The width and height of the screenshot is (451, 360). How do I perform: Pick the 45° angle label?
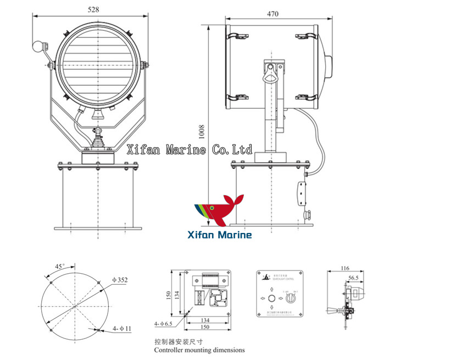(59, 267)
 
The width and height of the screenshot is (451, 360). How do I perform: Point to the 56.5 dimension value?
(353, 278)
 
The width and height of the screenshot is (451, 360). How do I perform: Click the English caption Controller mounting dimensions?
(199, 350)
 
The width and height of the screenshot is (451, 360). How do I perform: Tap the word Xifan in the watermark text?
(143, 149)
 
